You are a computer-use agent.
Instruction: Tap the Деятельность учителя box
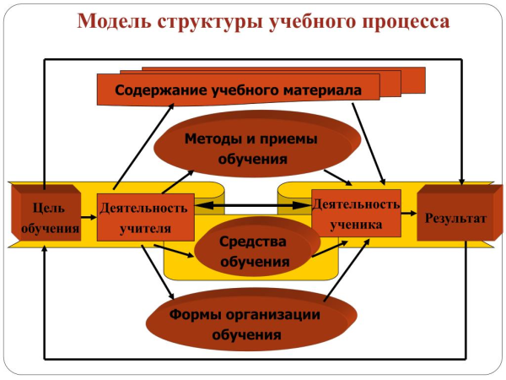click(x=145, y=217)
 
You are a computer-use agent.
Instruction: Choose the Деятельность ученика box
click(x=356, y=214)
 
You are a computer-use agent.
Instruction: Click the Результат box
click(x=455, y=218)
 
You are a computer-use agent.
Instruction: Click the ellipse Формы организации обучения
click(x=245, y=324)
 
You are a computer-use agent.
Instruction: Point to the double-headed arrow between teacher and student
click(x=252, y=205)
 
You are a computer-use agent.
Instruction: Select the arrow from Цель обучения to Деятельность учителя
click(x=89, y=219)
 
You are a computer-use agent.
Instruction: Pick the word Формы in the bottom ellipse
click(x=193, y=315)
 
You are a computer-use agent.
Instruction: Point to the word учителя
click(x=145, y=228)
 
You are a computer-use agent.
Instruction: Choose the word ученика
click(x=356, y=225)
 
